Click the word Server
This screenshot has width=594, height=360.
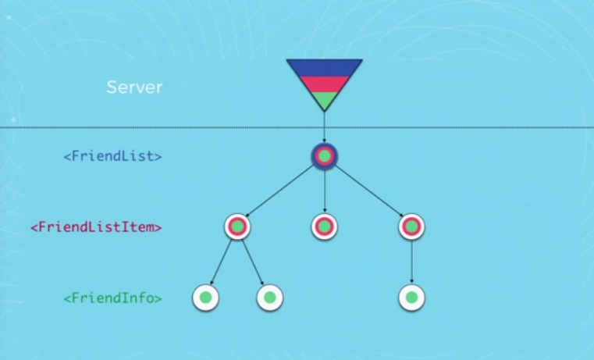pos(134,87)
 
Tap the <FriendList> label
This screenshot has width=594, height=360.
pos(112,156)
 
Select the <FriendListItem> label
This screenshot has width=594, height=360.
pos(96,227)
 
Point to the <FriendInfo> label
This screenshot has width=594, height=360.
pos(112,298)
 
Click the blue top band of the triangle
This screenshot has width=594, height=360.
pos(324,66)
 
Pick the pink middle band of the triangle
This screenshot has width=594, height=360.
pos(324,84)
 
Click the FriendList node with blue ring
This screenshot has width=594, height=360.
pos(324,156)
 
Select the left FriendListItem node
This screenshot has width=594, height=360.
pos(238,226)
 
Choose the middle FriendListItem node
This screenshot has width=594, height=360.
pos(324,226)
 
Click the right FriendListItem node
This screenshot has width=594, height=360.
pos(411,226)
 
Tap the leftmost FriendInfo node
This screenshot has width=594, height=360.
pos(205,298)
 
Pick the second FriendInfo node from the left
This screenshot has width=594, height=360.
pos(269,298)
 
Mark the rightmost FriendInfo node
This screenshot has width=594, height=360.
pos(411,298)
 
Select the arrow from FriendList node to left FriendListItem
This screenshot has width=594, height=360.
pos(281,191)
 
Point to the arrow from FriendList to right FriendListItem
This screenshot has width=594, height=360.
pos(368,191)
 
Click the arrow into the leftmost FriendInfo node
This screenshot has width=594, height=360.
pos(222,262)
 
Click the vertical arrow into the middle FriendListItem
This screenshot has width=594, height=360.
pos(324,191)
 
